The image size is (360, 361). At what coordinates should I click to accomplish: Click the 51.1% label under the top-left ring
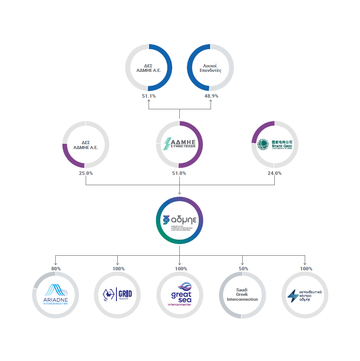coord(149,96)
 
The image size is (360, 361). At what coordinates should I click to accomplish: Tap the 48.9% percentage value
coord(211,96)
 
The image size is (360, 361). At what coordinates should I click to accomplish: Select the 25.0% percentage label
coord(86,173)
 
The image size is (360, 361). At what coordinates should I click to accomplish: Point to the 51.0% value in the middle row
coord(179,173)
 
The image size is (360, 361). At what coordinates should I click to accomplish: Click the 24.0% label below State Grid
coord(274,173)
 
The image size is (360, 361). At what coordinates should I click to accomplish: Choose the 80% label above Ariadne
coord(56,269)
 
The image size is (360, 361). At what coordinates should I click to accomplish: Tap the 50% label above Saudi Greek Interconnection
coord(243,269)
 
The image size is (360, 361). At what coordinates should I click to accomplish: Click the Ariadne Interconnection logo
coord(56,295)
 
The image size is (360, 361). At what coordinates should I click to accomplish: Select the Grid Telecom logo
coord(118,295)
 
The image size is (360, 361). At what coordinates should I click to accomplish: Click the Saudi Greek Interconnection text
coord(242,295)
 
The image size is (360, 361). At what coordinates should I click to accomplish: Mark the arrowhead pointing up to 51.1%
coord(149,101)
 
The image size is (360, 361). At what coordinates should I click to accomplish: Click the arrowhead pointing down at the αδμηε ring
coord(179,193)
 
